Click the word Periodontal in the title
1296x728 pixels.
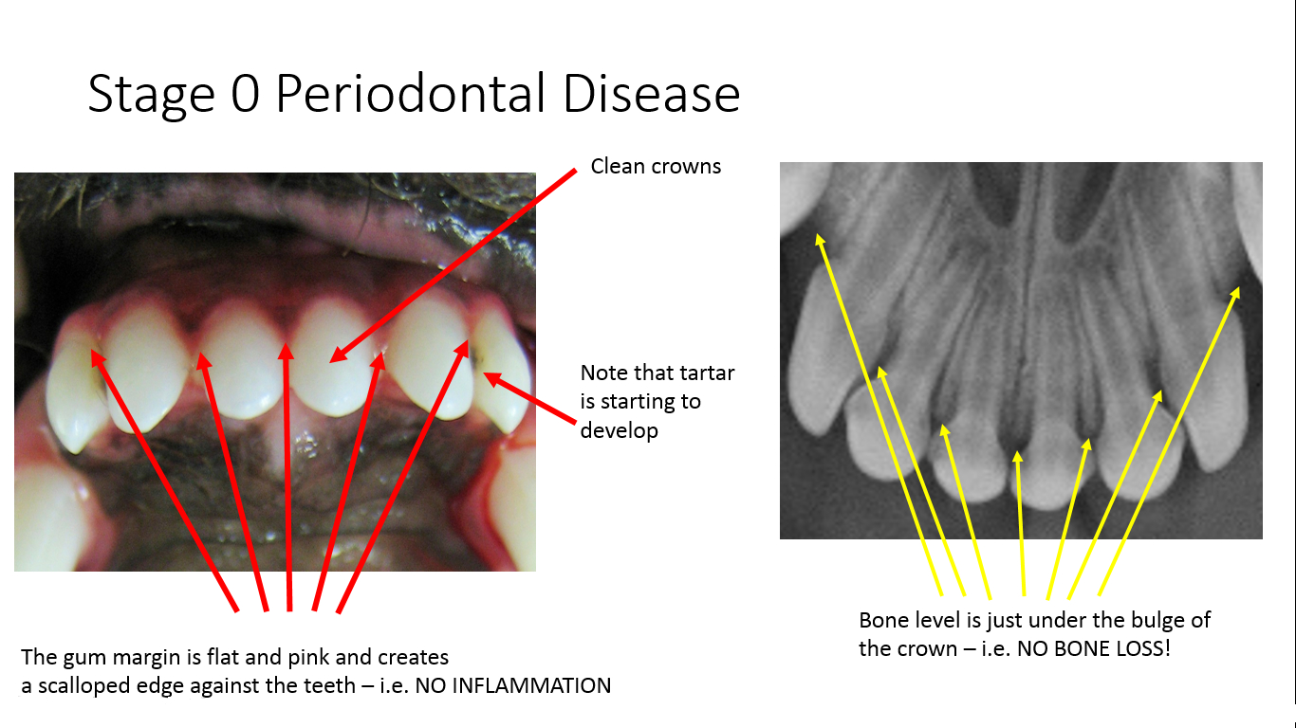click(410, 94)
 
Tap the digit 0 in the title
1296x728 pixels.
click(245, 94)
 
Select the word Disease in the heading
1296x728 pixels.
click(652, 94)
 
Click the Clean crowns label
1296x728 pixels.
click(656, 167)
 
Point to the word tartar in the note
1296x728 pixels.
click(706, 373)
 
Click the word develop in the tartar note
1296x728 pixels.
click(620, 430)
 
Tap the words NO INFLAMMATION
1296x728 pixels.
click(513, 685)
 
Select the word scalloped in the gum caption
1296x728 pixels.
click(83, 686)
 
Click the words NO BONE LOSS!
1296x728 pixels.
click(1094, 648)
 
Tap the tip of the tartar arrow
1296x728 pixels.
click(484, 373)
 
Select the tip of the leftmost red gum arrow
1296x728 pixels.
click(91, 350)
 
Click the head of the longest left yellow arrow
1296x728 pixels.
click(818, 234)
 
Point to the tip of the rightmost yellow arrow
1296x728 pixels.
click(1239, 287)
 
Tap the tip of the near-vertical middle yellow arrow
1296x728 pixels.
click(1017, 451)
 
